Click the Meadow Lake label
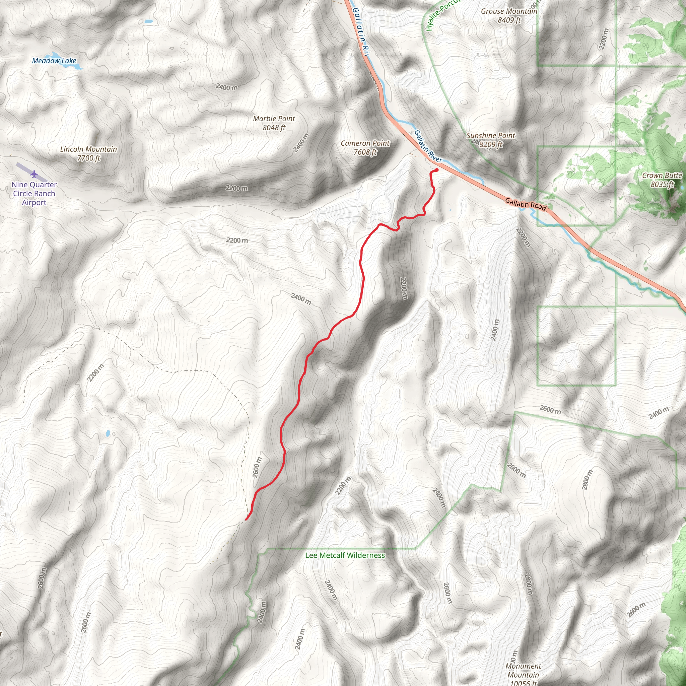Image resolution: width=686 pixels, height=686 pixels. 54,61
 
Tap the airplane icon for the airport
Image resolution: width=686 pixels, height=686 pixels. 34,174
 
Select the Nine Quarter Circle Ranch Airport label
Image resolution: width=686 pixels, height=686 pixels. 34,194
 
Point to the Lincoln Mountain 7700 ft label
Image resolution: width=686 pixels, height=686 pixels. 88,153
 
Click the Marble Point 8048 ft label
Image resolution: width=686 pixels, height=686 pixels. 274,123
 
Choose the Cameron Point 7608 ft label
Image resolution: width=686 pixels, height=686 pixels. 365,147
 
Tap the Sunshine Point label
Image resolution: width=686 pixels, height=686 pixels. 490,136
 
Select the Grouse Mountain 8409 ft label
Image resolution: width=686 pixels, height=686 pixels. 509,16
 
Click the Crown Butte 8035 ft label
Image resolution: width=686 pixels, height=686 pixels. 662,180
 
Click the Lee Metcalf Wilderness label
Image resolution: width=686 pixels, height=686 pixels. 345,555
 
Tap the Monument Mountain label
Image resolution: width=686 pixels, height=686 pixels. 523,670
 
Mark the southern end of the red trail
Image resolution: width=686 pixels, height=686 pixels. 246,520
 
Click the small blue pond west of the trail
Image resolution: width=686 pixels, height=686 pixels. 108,433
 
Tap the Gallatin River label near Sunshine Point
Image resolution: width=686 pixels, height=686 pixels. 428,146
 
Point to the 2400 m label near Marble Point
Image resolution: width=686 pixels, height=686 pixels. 301,143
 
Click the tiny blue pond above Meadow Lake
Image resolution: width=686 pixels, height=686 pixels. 149,22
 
